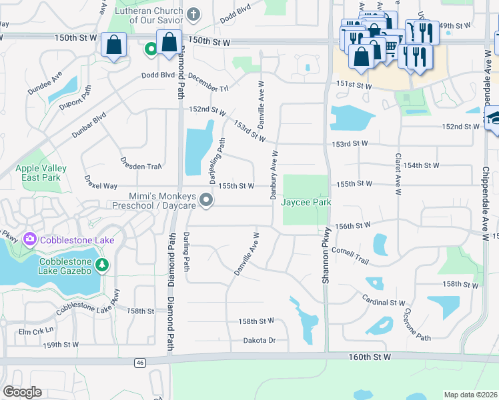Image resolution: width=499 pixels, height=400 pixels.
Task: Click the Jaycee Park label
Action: [x=306, y=202]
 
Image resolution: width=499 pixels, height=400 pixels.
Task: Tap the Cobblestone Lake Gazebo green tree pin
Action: [x=102, y=265]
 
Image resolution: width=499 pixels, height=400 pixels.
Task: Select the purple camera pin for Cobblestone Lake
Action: [x=29, y=239]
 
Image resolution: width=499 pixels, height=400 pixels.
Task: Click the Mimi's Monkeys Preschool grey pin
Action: [x=207, y=200]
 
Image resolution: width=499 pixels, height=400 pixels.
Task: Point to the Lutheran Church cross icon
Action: [x=193, y=14]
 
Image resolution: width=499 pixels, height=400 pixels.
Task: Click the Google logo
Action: [x=22, y=392]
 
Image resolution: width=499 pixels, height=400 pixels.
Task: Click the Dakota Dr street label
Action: [x=260, y=341]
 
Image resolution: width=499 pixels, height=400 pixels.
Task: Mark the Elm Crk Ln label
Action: [x=35, y=331]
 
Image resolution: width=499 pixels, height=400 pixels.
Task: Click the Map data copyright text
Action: [x=470, y=395]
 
